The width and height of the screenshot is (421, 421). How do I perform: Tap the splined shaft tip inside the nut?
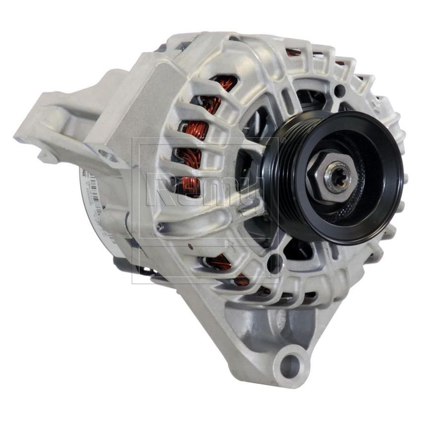tap(338, 177)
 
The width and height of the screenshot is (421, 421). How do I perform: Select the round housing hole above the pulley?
tap(340, 91)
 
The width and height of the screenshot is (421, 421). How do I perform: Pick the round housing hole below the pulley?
tap(275, 263)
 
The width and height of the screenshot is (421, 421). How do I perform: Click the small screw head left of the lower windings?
tap(159, 227)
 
